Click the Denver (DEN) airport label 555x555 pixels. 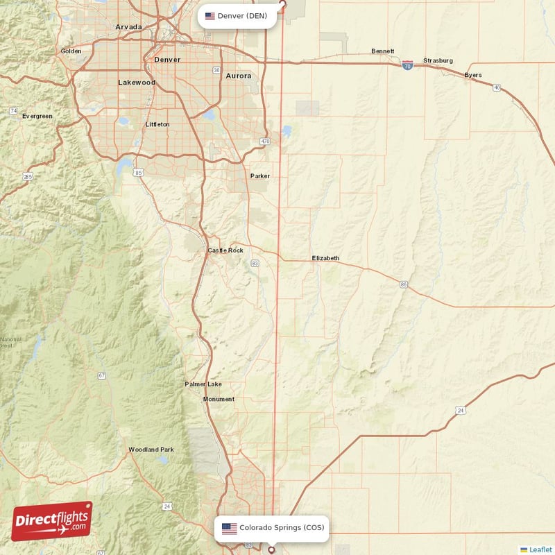[237, 16]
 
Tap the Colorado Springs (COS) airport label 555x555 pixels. [272, 528]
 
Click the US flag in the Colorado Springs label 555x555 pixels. [229, 528]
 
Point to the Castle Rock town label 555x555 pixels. [225, 250]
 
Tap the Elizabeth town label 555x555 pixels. [325, 258]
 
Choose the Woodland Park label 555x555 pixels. [151, 450]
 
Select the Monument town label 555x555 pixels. [219, 399]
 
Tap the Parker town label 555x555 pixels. [260, 176]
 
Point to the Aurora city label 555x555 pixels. [238, 76]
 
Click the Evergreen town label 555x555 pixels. [37, 116]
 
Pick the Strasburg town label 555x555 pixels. [438, 60]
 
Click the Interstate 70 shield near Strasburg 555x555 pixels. [408, 63]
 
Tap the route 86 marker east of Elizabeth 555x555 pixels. [403, 284]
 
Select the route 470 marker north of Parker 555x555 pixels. [264, 142]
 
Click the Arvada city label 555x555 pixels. [128, 27]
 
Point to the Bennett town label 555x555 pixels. [382, 51]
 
